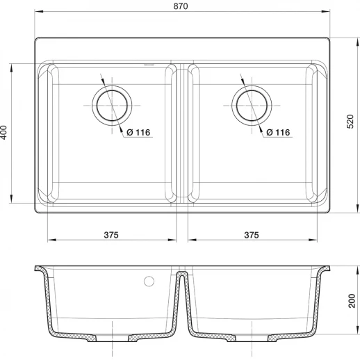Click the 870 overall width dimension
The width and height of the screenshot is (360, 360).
pyautogui.click(x=182, y=6)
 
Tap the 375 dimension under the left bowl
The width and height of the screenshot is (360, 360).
pyautogui.click(x=111, y=235)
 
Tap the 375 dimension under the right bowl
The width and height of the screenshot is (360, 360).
pyautogui.click(x=252, y=235)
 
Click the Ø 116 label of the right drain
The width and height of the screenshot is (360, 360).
pyautogui.click(x=278, y=132)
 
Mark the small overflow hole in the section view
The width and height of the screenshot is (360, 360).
pyautogui.click(x=147, y=281)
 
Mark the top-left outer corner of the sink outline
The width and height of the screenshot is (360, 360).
pyautogui.click(x=35, y=38)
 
